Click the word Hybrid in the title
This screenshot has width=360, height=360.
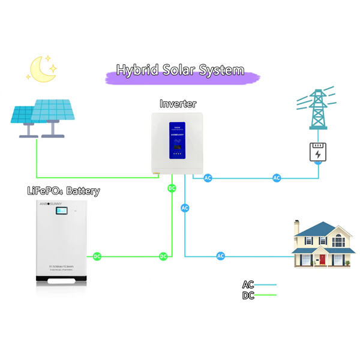(x=139, y=70)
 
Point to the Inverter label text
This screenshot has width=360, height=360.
(x=178, y=104)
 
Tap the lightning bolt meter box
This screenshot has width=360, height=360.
(x=317, y=152)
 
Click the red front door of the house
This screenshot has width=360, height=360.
(x=322, y=260)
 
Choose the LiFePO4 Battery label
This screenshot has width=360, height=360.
(x=62, y=191)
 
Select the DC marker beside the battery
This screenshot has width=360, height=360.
(x=97, y=257)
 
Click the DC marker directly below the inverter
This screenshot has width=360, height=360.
(x=172, y=188)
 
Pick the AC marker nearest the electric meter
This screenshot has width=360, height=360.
(x=277, y=178)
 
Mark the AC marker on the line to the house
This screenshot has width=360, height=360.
(x=220, y=256)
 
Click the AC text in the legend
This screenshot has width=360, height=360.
(x=248, y=285)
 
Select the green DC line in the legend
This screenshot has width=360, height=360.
(x=266, y=295)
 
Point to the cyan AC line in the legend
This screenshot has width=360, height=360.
(x=266, y=285)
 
